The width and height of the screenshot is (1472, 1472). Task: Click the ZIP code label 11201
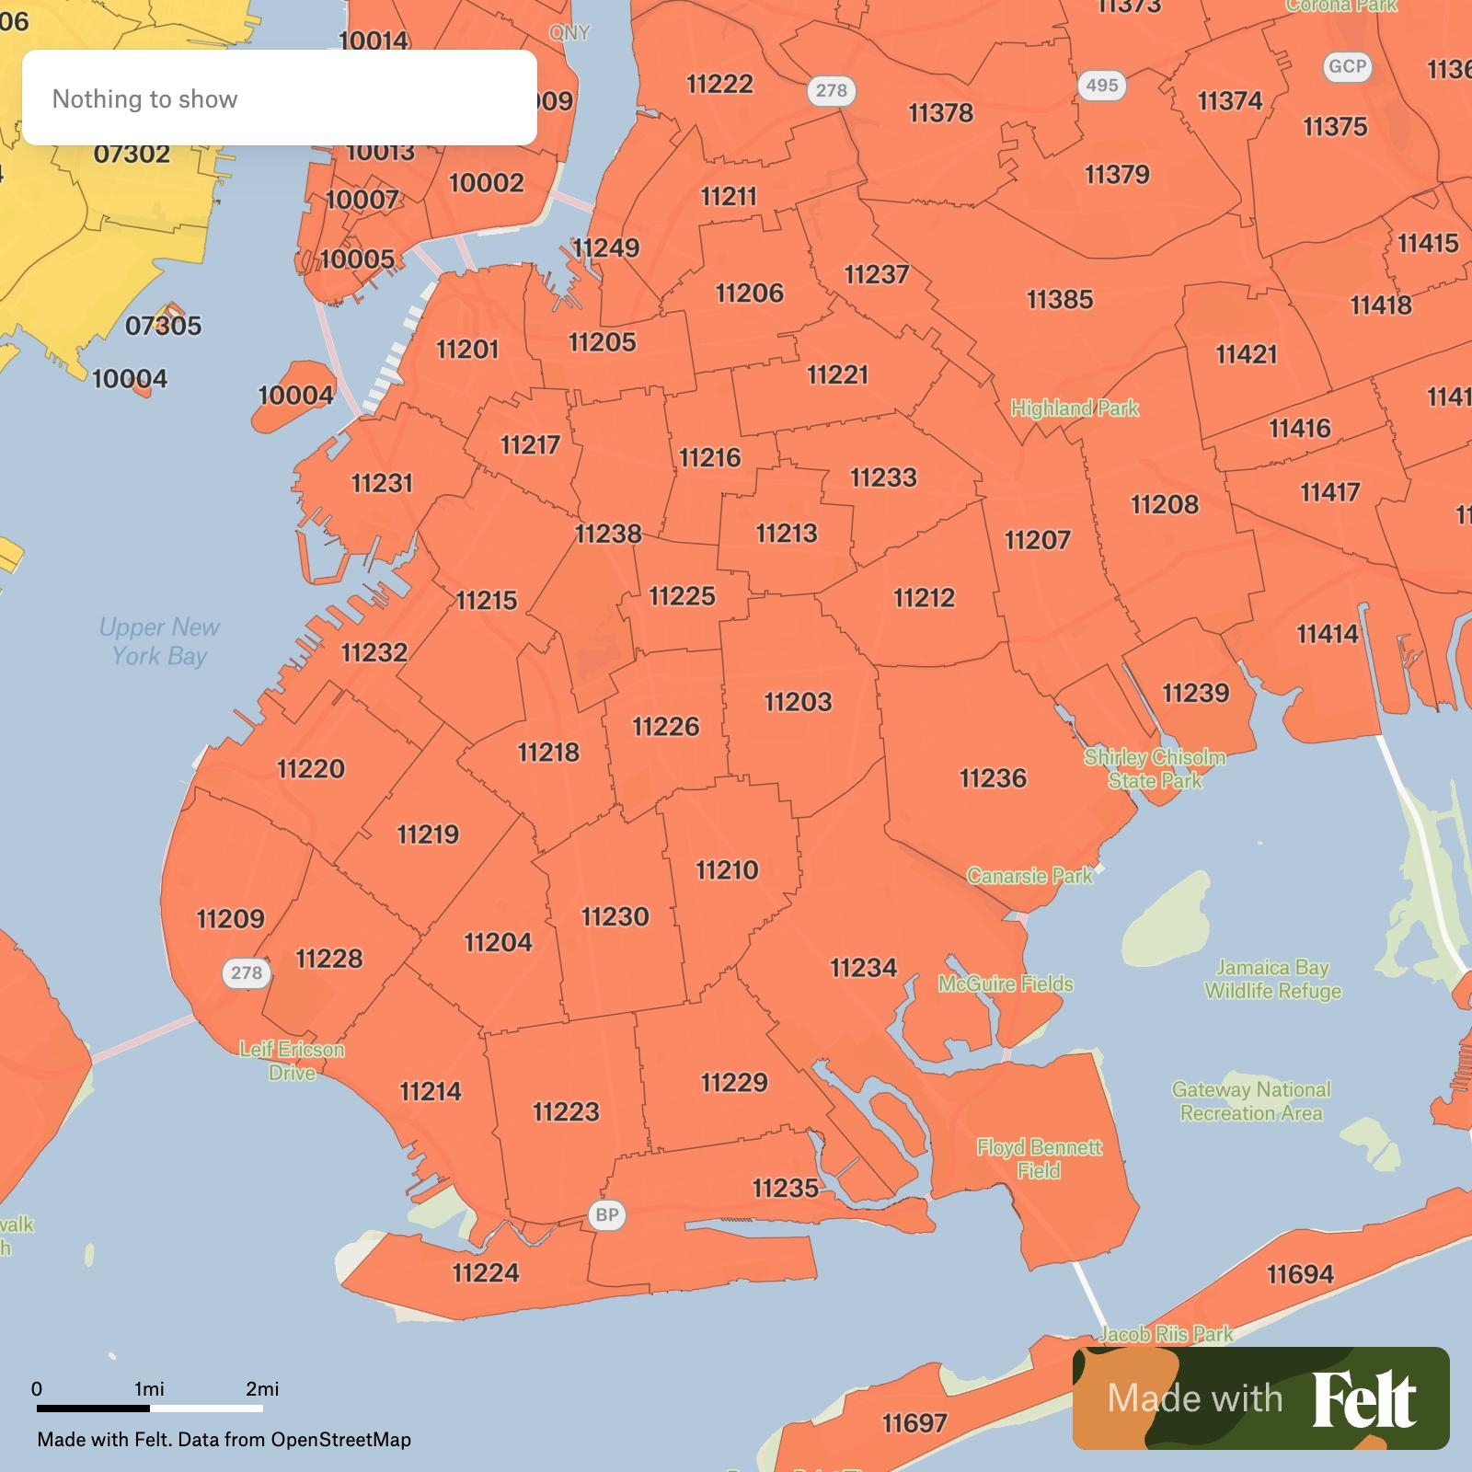coord(467,350)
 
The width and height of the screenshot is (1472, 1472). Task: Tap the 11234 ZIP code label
coord(863,968)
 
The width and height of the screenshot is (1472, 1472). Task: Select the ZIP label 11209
coord(230,918)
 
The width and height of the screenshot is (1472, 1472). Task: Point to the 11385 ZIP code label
coord(1060,299)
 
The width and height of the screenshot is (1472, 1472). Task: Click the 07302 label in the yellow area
coord(132,154)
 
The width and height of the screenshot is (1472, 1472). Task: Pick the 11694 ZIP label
coord(1300,1274)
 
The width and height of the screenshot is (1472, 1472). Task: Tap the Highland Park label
coord(1075,408)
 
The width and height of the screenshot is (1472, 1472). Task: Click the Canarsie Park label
coord(1029,875)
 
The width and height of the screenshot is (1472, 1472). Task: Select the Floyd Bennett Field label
coord(1039,1158)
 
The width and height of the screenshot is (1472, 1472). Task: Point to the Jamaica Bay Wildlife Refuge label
coord(1272,979)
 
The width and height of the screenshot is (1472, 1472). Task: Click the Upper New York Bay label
coord(159,641)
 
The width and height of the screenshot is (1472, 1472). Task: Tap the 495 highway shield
coord(1101,86)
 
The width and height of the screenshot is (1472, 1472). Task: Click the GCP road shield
coord(1347,66)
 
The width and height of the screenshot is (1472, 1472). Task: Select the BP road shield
coord(607,1214)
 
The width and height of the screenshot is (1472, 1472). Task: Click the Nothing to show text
coord(144,98)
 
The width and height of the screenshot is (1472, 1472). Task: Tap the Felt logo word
coord(1364,1398)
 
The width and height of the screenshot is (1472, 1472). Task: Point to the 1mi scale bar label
coord(149,1388)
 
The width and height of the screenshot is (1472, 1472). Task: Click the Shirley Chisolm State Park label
coord(1155,768)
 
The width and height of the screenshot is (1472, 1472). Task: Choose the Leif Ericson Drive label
coord(292,1061)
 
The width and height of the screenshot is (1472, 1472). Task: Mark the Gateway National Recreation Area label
coord(1251,1101)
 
